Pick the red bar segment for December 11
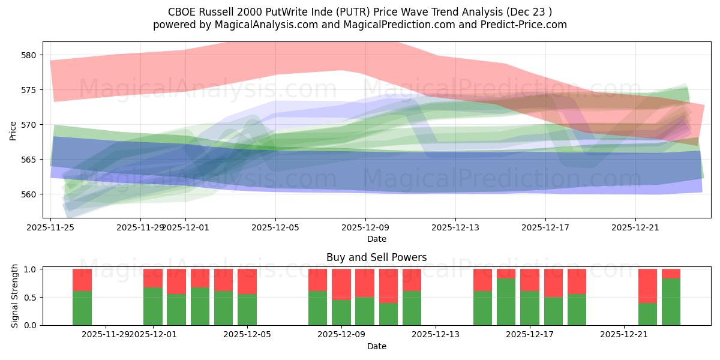pos(388,286)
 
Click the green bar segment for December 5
pos(247,310)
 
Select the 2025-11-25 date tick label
pos(50,227)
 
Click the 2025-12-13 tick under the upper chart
pos(455,227)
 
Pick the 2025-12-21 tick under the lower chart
pos(625,334)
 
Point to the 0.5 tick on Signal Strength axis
pos(31,297)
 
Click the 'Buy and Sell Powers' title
pos(377,257)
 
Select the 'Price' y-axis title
pos(13,130)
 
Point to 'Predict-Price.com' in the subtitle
pos(525,25)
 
